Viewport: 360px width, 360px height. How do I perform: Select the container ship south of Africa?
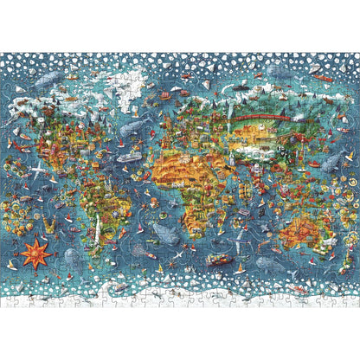pos(218,259)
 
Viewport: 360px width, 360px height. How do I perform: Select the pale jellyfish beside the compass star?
pos(72,257)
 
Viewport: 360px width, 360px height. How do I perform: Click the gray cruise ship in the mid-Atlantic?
pos(130,158)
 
